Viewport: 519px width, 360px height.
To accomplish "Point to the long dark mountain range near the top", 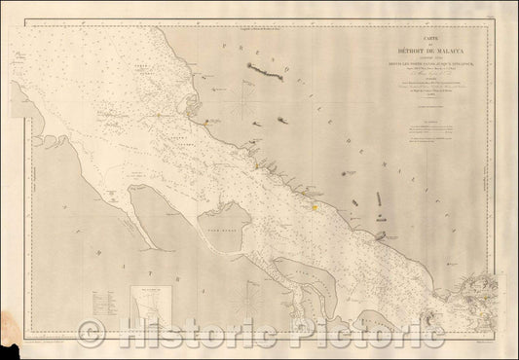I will (266, 71).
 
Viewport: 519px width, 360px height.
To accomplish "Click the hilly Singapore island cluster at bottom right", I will (482, 288).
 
